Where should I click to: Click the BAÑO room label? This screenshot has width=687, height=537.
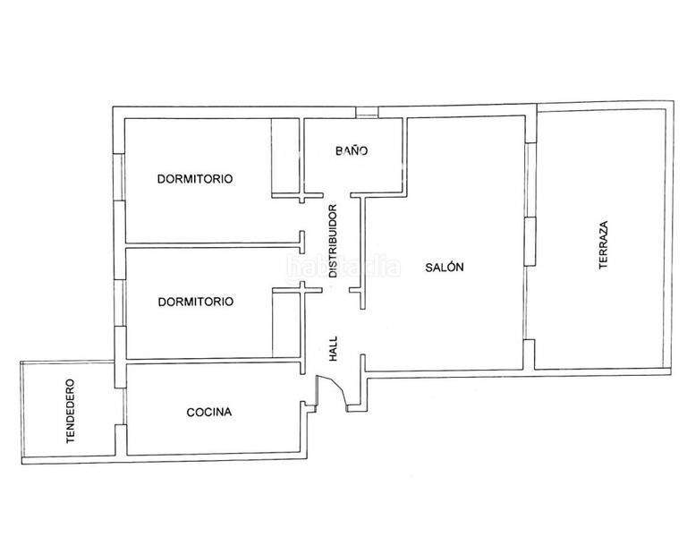[352, 151]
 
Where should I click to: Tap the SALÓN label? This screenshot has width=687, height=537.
[445, 267]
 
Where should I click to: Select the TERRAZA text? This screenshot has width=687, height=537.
[605, 245]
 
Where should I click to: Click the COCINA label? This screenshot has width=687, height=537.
[209, 413]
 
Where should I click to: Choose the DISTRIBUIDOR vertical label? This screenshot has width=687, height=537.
[333, 242]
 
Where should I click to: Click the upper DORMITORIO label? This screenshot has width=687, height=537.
[195, 178]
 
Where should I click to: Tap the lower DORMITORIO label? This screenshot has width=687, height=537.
[195, 302]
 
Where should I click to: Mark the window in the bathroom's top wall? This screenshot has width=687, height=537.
[366, 112]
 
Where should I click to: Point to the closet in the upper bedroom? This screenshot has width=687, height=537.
[286, 157]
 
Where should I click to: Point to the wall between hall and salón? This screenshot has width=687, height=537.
[362, 251]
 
